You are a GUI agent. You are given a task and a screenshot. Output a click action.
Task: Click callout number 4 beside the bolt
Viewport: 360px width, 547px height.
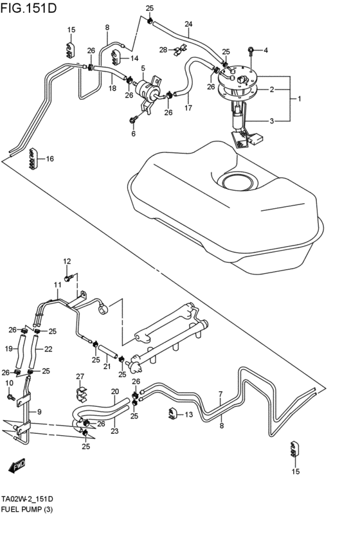click(265, 50)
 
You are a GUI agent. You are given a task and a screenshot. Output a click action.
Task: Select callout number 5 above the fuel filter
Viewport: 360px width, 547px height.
click(143, 68)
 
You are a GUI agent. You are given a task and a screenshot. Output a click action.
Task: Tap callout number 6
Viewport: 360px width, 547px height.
click(134, 134)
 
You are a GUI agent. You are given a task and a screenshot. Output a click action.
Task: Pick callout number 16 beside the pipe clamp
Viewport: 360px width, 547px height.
click(50, 159)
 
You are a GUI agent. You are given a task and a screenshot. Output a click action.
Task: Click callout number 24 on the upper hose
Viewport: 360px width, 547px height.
click(188, 24)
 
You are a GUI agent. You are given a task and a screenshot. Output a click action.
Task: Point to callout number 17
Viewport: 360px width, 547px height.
click(188, 108)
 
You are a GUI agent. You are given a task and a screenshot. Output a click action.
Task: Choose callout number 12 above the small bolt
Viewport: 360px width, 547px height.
click(66, 261)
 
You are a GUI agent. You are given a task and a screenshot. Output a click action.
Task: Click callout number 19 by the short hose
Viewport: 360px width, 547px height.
click(10, 349)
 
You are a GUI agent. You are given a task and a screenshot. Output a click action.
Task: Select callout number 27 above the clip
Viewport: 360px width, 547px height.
click(80, 377)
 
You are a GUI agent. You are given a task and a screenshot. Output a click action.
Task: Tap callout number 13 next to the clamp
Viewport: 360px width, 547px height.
click(188, 415)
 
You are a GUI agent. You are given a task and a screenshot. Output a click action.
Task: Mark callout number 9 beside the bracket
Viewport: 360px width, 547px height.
click(39, 412)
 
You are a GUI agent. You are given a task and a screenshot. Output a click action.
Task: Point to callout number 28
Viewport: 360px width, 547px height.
click(163, 49)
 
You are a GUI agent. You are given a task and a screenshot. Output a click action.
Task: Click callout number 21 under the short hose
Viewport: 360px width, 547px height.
click(107, 366)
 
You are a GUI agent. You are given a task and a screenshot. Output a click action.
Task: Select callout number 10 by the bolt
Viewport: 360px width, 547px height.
click(9, 384)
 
